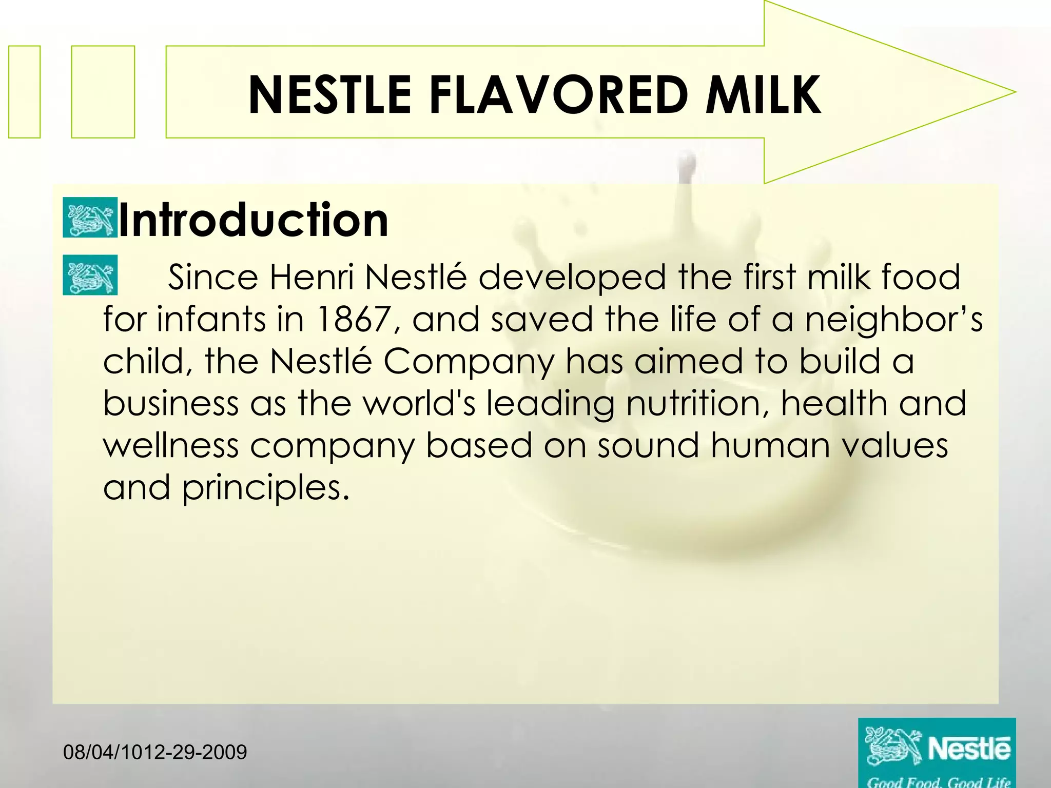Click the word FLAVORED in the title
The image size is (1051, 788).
(x=558, y=95)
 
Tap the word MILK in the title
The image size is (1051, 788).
(x=763, y=95)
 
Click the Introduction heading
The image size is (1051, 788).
(x=253, y=220)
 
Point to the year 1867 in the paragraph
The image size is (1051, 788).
(x=354, y=319)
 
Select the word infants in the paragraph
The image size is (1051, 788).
(x=210, y=319)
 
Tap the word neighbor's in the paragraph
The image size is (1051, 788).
(x=893, y=319)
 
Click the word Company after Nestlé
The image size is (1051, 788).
(x=469, y=361)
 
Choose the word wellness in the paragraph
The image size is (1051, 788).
(x=171, y=445)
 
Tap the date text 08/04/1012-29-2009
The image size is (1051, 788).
(x=155, y=753)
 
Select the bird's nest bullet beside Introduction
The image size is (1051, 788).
(x=90, y=218)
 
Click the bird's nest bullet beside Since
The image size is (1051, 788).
(x=90, y=275)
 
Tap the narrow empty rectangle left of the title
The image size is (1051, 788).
(x=24, y=92)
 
